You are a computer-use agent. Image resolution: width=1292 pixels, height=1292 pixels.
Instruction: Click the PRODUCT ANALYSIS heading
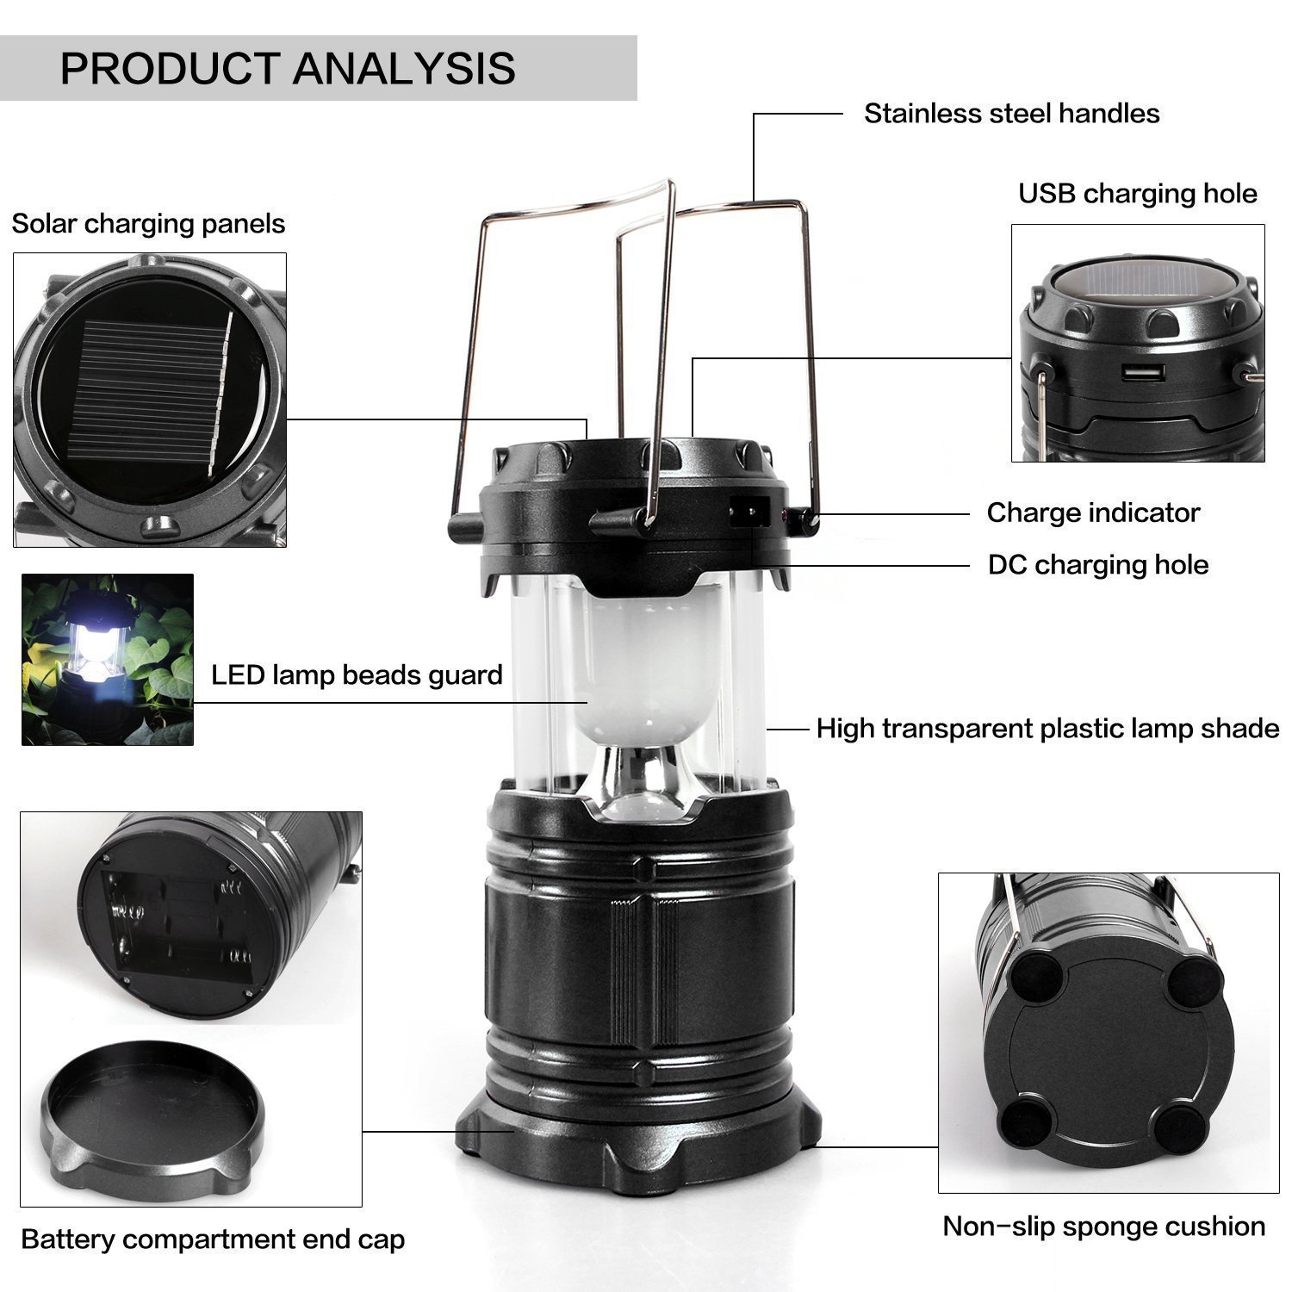coord(288,69)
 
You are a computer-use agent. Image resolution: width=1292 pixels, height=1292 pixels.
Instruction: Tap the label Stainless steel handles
coord(1011,114)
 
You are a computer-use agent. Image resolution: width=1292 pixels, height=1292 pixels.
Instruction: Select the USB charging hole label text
coord(1137,194)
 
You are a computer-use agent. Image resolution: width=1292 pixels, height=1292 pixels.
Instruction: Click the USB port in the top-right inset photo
coord(1143,374)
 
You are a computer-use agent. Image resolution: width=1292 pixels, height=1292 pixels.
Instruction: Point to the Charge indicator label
coord(1092,512)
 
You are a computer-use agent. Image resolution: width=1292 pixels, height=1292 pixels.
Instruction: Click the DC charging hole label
coord(1097,565)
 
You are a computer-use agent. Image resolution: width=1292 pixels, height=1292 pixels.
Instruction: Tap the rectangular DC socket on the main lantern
coord(748,513)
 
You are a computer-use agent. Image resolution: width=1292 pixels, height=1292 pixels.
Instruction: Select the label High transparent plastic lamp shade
coord(1047,729)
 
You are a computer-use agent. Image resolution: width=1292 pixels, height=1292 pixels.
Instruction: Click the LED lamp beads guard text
coord(357,674)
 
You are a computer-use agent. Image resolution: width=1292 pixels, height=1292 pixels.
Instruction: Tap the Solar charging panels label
coord(148,224)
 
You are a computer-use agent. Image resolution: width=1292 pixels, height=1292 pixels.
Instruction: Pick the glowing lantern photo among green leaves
coord(108,659)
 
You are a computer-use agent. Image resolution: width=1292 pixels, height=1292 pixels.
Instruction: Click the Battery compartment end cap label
coord(213,1239)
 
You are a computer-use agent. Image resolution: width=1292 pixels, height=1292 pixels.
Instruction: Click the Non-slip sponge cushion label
coord(1103,1226)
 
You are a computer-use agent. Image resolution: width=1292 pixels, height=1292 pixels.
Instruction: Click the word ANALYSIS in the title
coord(404,69)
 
